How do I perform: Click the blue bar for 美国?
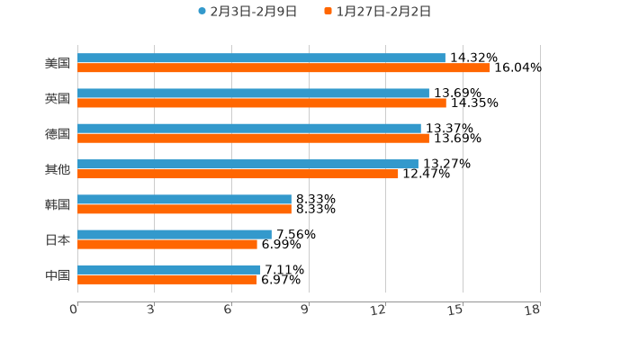261,58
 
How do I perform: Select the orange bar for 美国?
283,68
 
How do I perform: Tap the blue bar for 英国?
253,94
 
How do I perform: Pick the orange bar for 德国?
253,139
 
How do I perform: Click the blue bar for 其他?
247,165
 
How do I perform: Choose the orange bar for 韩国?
184,210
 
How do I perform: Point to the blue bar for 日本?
175,235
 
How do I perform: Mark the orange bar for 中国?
167,280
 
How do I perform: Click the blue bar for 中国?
169,270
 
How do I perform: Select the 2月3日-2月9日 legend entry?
247,12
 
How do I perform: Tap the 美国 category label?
58,64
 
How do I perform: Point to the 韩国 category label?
58,204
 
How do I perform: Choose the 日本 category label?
58,239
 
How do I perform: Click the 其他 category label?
58,169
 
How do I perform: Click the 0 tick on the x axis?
74,310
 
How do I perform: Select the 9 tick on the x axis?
305,310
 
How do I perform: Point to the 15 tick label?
456,310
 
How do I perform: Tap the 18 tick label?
534,310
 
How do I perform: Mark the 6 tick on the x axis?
229,310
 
